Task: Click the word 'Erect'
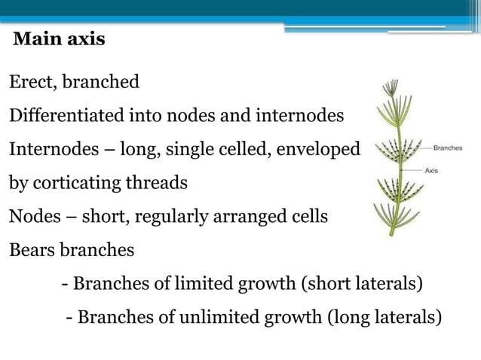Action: (x=30, y=82)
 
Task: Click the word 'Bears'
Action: (x=30, y=251)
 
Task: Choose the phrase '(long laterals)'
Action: (x=384, y=317)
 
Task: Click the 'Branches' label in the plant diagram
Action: (x=448, y=148)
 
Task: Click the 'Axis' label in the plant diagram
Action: (x=431, y=171)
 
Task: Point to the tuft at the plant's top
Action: (x=390, y=90)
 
